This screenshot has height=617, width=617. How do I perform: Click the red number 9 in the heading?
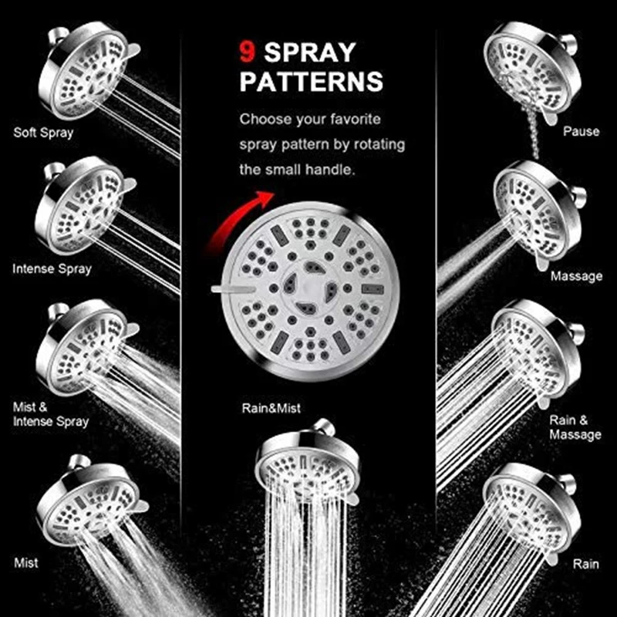[247, 52]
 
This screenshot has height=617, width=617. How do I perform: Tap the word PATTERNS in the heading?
[311, 82]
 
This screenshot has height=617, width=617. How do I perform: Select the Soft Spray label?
[43, 133]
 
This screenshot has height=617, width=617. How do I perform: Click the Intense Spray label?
[52, 269]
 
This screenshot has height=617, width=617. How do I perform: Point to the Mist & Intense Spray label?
[50, 414]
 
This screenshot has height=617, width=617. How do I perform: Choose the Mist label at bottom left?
[26, 563]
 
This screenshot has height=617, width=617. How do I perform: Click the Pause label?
[581, 132]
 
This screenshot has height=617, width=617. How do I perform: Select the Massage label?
[576, 276]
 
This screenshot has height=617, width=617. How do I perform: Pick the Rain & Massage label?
[575, 427]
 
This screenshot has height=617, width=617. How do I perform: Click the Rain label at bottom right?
[585, 564]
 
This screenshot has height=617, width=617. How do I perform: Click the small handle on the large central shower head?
[228, 288]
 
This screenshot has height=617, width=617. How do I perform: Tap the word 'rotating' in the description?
[373, 144]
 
